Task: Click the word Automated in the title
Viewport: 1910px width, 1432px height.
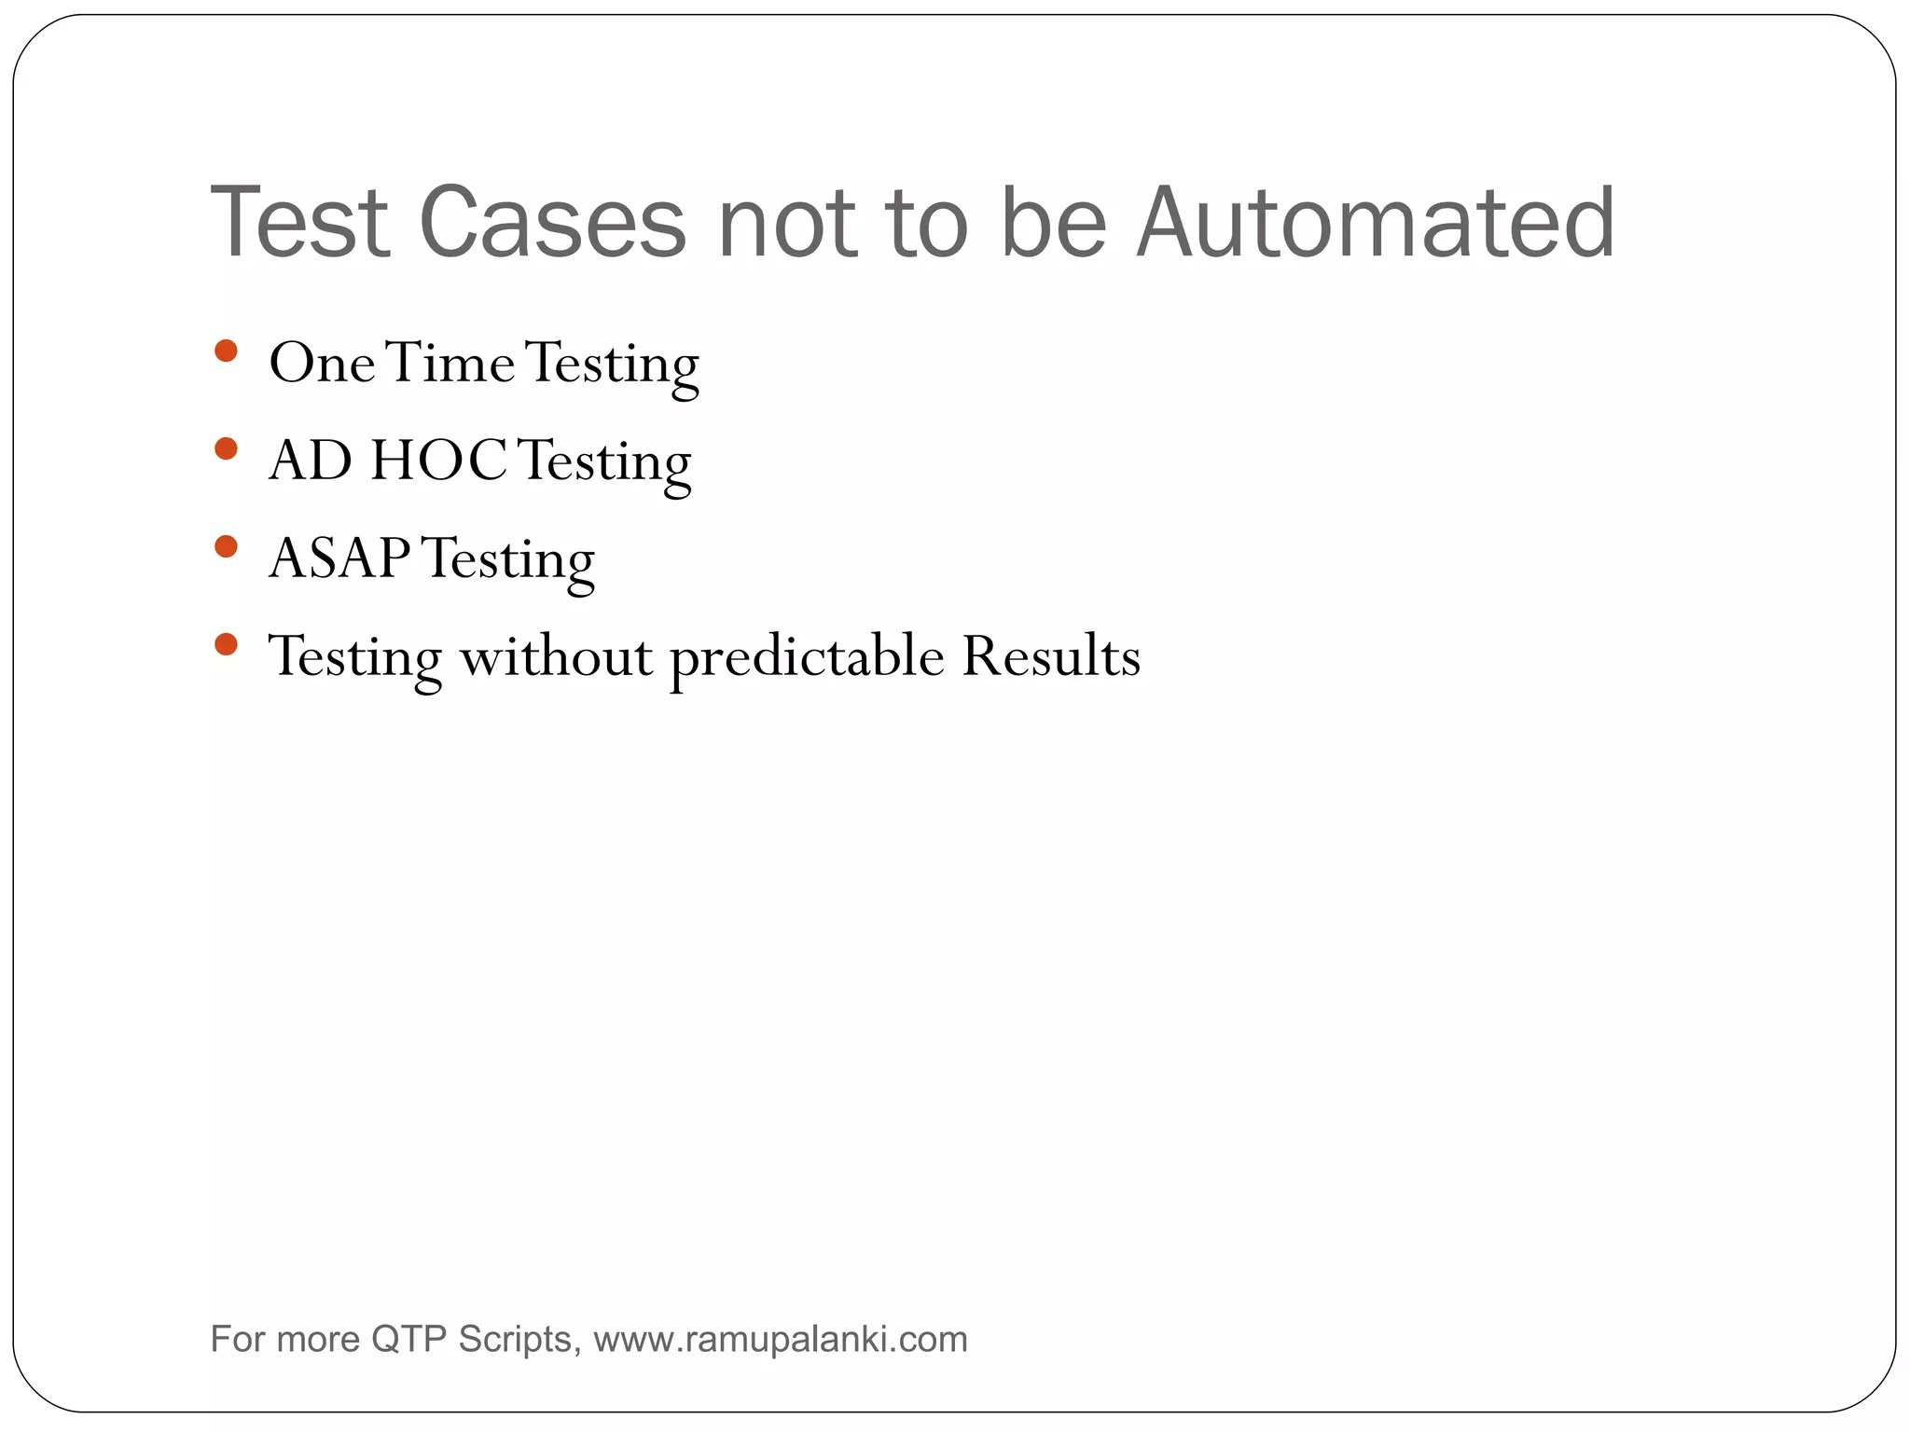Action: click(x=1376, y=224)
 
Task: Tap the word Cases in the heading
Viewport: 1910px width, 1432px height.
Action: click(x=552, y=224)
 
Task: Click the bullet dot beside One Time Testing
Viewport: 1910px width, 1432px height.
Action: click(x=226, y=351)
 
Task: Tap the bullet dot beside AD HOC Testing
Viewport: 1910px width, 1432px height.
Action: click(x=226, y=449)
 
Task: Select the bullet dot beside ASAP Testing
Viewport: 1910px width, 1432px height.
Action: click(x=226, y=546)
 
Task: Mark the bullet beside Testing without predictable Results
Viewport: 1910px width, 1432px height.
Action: click(x=226, y=644)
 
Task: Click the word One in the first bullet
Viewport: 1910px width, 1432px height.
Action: click(x=322, y=363)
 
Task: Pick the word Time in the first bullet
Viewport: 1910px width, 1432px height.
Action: click(x=450, y=363)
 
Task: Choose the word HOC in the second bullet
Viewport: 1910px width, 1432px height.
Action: click(x=438, y=461)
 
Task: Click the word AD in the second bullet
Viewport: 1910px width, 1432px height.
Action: click(x=311, y=461)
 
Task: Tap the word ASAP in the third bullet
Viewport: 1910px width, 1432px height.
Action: click(x=339, y=558)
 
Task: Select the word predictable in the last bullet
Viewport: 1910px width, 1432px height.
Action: click(x=808, y=656)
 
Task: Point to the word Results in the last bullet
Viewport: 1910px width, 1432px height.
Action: click(x=1051, y=656)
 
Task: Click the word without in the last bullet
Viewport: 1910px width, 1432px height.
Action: click(x=556, y=656)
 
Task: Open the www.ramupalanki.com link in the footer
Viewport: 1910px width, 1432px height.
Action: click(x=781, y=1340)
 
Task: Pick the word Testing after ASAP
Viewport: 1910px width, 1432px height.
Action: click(x=508, y=558)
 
